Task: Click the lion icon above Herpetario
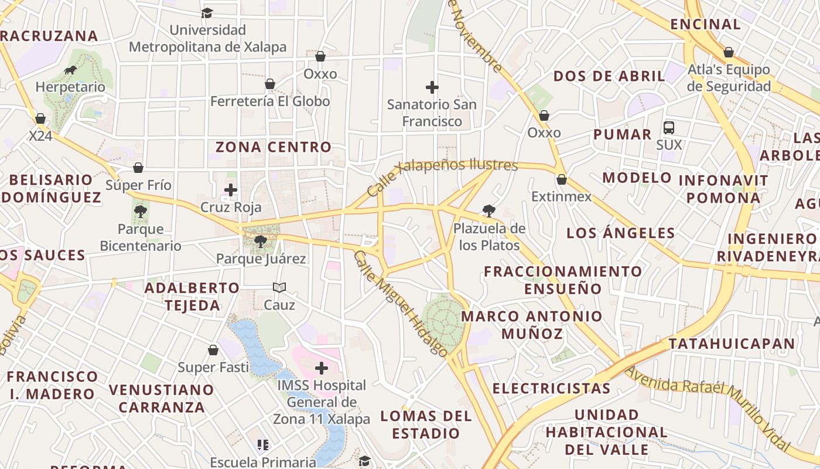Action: pyautogui.click(x=70, y=70)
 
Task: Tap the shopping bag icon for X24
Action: pyautogui.click(x=40, y=119)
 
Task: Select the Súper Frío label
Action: pyautogui.click(x=138, y=185)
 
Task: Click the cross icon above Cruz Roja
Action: pyautogui.click(x=231, y=190)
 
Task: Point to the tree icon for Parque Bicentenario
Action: pyautogui.click(x=140, y=212)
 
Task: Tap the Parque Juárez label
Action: pyautogui.click(x=261, y=259)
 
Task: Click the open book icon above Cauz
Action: pyautogui.click(x=279, y=287)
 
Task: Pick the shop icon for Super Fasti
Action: pyautogui.click(x=213, y=350)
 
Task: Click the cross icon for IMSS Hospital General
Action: pyautogui.click(x=321, y=368)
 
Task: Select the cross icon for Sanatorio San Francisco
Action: pyautogui.click(x=432, y=88)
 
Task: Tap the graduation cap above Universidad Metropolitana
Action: pyautogui.click(x=207, y=13)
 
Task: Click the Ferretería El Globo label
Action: pyautogui.click(x=270, y=101)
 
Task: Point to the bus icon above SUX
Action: pyautogui.click(x=669, y=127)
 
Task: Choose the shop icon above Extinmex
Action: pyautogui.click(x=561, y=179)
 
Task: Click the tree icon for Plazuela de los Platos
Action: pyautogui.click(x=488, y=211)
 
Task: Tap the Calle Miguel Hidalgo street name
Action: pyautogui.click(x=401, y=304)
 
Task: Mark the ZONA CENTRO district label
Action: pyautogui.click(x=274, y=147)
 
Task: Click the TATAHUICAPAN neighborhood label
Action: pyautogui.click(x=732, y=344)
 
